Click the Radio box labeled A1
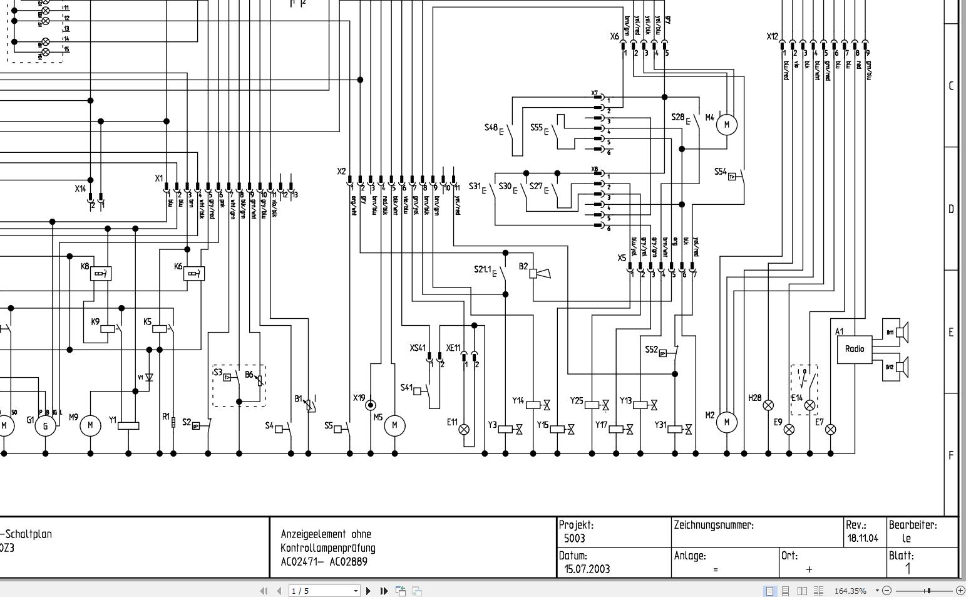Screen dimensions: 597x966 [855, 349]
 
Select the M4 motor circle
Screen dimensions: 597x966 [726, 124]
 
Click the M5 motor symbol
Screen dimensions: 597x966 [394, 425]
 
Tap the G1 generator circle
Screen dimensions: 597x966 [45, 427]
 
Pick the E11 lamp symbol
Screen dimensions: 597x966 [464, 429]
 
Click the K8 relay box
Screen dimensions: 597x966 [101, 273]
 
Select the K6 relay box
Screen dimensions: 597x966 [194, 273]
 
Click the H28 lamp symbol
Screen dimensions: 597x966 [768, 405]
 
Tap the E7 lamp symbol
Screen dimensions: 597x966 [831, 429]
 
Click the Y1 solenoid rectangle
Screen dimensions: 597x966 [128, 425]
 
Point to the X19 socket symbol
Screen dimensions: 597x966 [371, 405]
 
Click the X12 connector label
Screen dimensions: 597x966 [772, 36]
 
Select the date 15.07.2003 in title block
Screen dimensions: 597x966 [587, 569]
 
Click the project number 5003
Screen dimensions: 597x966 [574, 538]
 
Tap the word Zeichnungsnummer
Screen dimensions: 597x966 [714, 526]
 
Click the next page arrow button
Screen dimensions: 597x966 [368, 591]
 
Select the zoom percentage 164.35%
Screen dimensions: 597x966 [850, 591]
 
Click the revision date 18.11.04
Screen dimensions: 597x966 [863, 538]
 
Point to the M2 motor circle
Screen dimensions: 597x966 [726, 422]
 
